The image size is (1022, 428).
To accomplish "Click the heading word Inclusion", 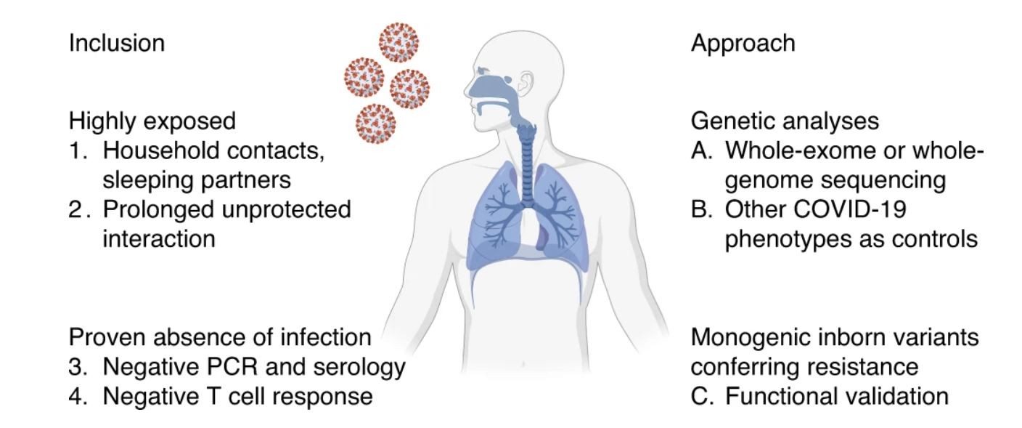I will pyautogui.click(x=116, y=43).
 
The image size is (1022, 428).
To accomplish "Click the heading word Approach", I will pyautogui.click(x=743, y=43).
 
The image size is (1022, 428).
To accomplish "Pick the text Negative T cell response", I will pyautogui.click(x=238, y=397).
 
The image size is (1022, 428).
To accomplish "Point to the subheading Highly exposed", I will pyautogui.click(x=152, y=121).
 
